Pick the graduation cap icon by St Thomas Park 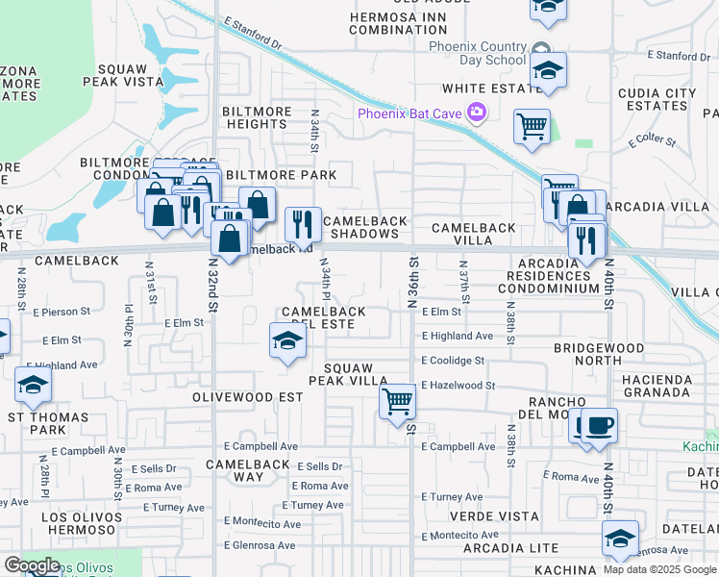coord(34,386)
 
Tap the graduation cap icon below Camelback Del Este coord(286,341)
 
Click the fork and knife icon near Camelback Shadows coord(303,225)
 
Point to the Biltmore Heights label coord(257,118)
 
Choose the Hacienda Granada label coord(670,386)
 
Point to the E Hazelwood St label coord(459,385)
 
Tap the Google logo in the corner coord(32,565)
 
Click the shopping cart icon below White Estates coord(532,127)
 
